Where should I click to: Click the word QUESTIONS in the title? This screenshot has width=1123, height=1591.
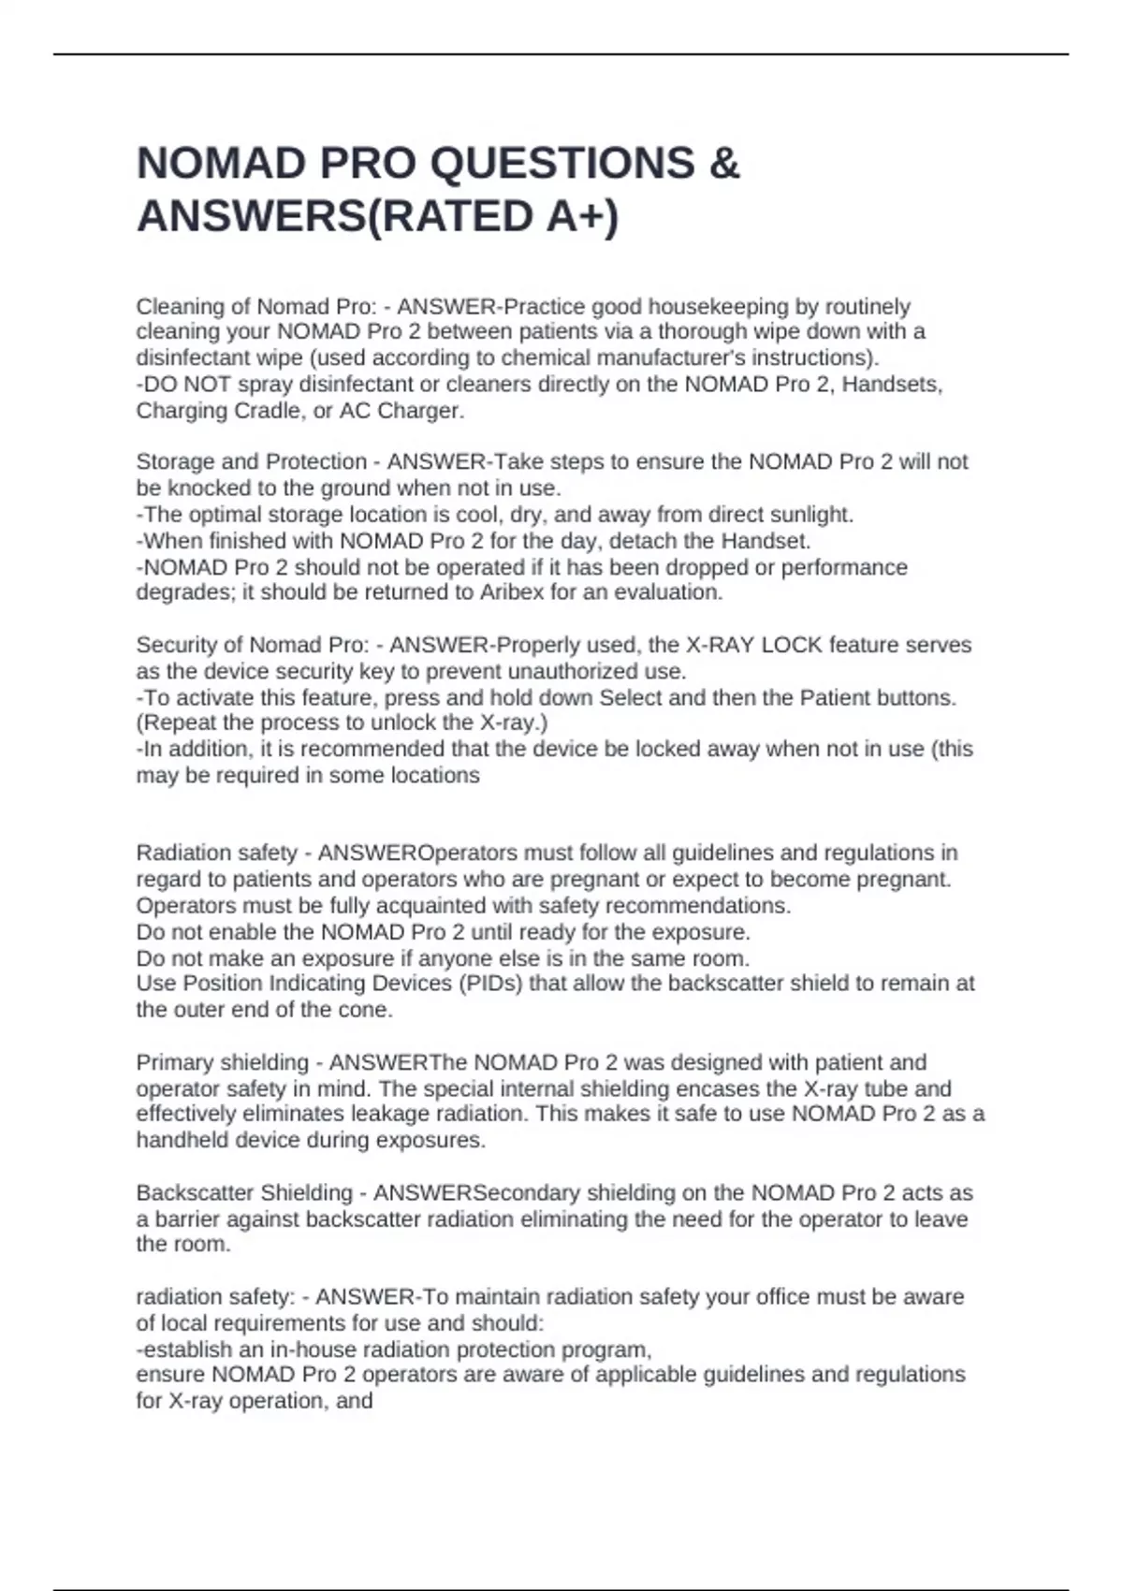click(x=562, y=164)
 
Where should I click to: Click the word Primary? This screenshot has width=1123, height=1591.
click(x=176, y=1063)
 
